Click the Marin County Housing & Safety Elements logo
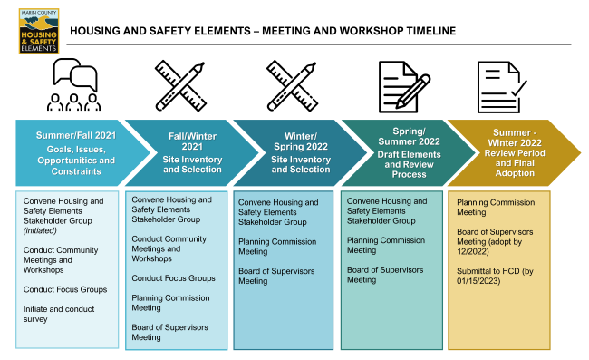point(38,30)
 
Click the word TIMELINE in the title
point(426,32)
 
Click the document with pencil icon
point(400,84)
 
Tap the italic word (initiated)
point(41,230)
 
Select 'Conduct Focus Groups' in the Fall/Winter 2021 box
point(173,277)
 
